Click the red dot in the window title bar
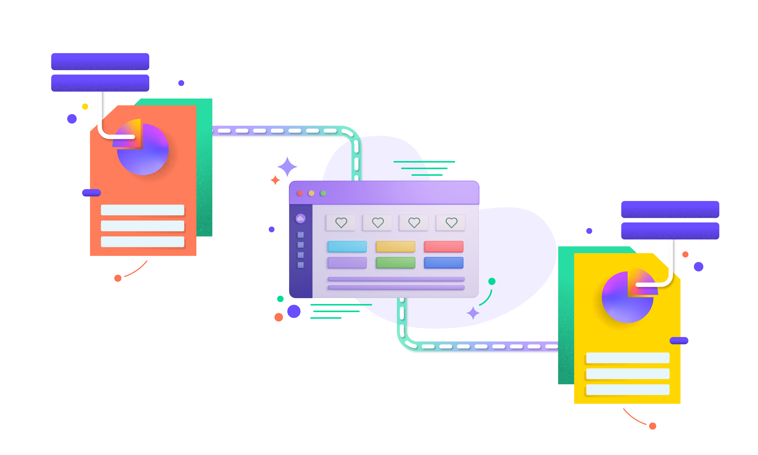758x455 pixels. [300, 193]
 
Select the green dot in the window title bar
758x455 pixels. [323, 193]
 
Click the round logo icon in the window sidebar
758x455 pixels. [300, 218]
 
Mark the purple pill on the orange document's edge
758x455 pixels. [91, 193]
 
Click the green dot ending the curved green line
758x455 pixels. [492, 281]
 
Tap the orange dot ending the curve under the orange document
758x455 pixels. [118, 278]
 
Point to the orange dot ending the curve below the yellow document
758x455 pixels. [653, 426]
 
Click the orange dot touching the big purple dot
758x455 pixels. [279, 317]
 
